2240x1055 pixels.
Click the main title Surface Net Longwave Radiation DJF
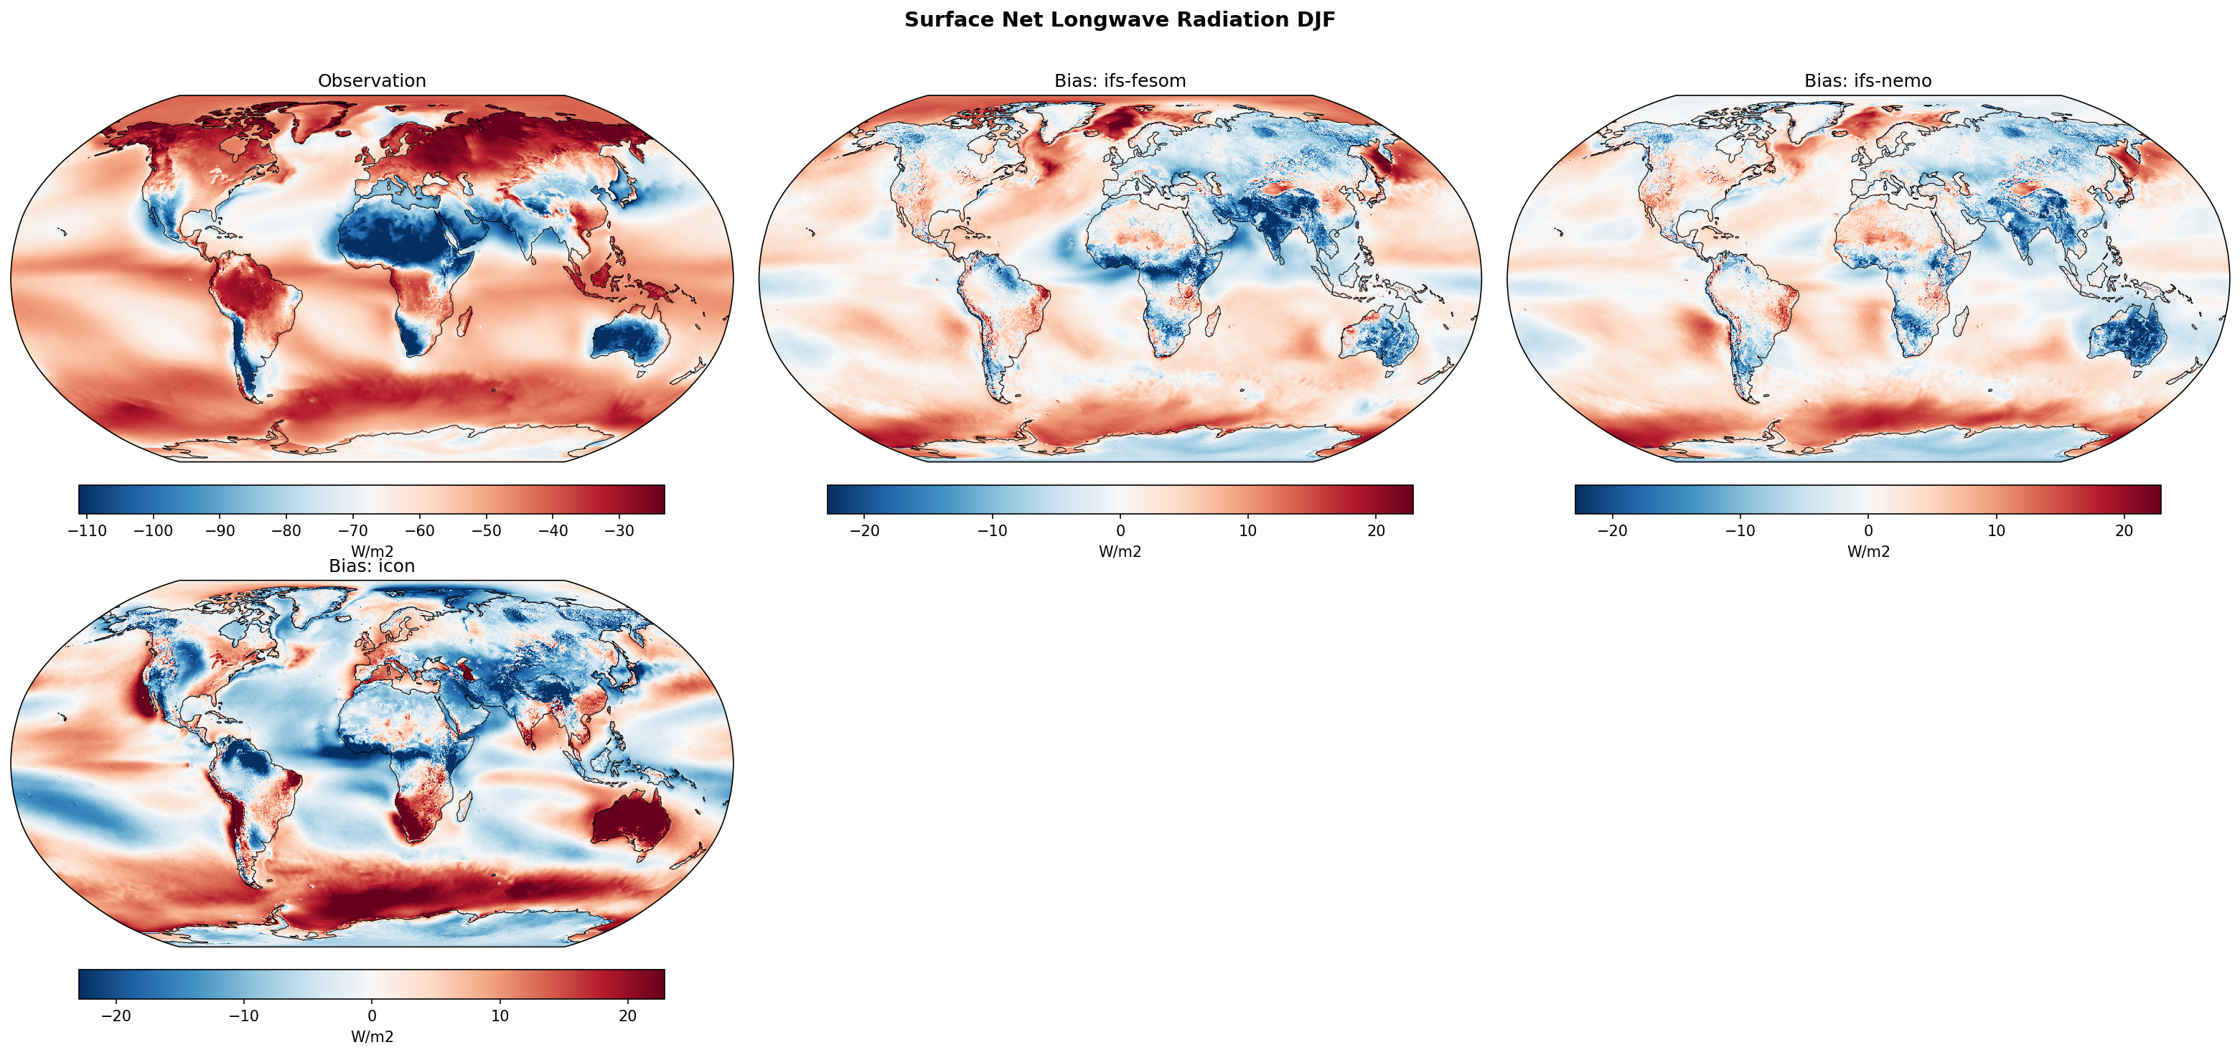(x=1119, y=20)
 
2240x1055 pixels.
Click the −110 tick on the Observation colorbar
(x=87, y=531)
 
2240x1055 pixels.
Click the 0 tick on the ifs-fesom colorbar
(x=1120, y=531)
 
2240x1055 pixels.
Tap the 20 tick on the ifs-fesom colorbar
(x=1376, y=531)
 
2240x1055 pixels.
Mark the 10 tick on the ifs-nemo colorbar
(x=1996, y=531)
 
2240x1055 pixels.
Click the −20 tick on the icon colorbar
(x=116, y=1016)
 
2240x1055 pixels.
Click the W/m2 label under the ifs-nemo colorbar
(x=1868, y=551)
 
